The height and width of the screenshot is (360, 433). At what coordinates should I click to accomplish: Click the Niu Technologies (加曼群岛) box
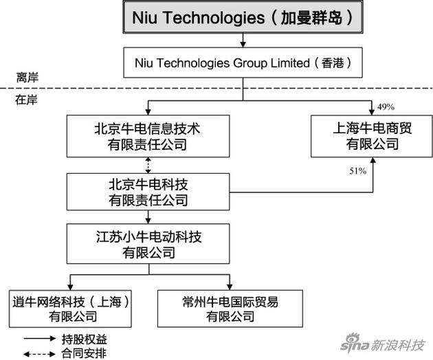click(243, 17)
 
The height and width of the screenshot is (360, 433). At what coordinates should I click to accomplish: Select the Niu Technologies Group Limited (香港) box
click(243, 63)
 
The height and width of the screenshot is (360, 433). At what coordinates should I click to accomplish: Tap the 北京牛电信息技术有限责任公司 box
click(148, 137)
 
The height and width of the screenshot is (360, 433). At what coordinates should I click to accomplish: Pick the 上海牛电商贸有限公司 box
click(372, 137)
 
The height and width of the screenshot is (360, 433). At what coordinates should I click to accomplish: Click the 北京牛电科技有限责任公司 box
click(148, 192)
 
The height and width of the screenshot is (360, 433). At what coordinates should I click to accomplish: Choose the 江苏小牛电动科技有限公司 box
click(148, 244)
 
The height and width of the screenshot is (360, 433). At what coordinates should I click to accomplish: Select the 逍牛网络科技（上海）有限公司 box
click(70, 309)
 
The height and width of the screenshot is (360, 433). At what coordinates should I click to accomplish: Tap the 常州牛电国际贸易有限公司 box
click(230, 309)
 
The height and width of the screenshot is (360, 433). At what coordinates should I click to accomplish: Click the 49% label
click(386, 107)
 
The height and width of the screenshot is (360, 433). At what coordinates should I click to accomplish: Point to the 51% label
click(358, 171)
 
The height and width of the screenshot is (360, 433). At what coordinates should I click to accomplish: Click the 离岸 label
click(27, 78)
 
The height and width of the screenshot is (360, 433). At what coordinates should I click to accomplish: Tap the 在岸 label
click(26, 100)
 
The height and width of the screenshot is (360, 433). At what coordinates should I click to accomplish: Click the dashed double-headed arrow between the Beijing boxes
click(148, 166)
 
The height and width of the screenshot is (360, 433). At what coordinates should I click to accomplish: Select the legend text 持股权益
click(85, 339)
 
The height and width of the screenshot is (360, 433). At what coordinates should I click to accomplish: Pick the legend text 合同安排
click(84, 353)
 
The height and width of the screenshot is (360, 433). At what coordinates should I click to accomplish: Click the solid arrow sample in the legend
click(40, 339)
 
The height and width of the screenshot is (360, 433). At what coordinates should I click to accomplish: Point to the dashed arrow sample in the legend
click(39, 354)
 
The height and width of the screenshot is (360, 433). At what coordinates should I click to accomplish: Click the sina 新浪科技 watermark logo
click(382, 344)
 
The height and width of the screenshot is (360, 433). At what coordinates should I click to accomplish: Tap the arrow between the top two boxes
click(243, 41)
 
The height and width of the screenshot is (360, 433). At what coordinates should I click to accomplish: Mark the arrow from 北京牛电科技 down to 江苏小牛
click(148, 217)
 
